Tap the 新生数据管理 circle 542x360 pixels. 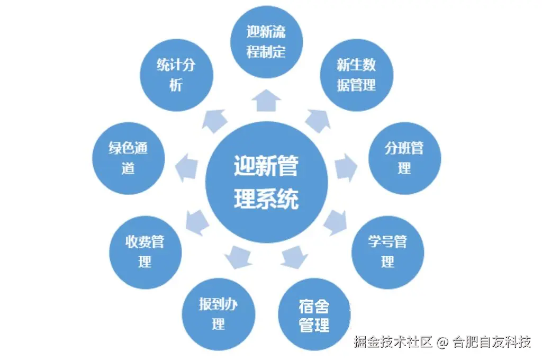click(x=356, y=75)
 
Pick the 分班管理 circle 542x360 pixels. click(x=404, y=158)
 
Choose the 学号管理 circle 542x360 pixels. click(x=387, y=252)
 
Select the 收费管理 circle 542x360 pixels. click(x=145, y=252)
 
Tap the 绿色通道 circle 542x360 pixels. click(x=128, y=158)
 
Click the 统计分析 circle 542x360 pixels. click(x=176, y=75)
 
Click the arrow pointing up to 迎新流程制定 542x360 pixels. click(x=266, y=100)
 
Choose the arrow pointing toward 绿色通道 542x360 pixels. click(x=186, y=166)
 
